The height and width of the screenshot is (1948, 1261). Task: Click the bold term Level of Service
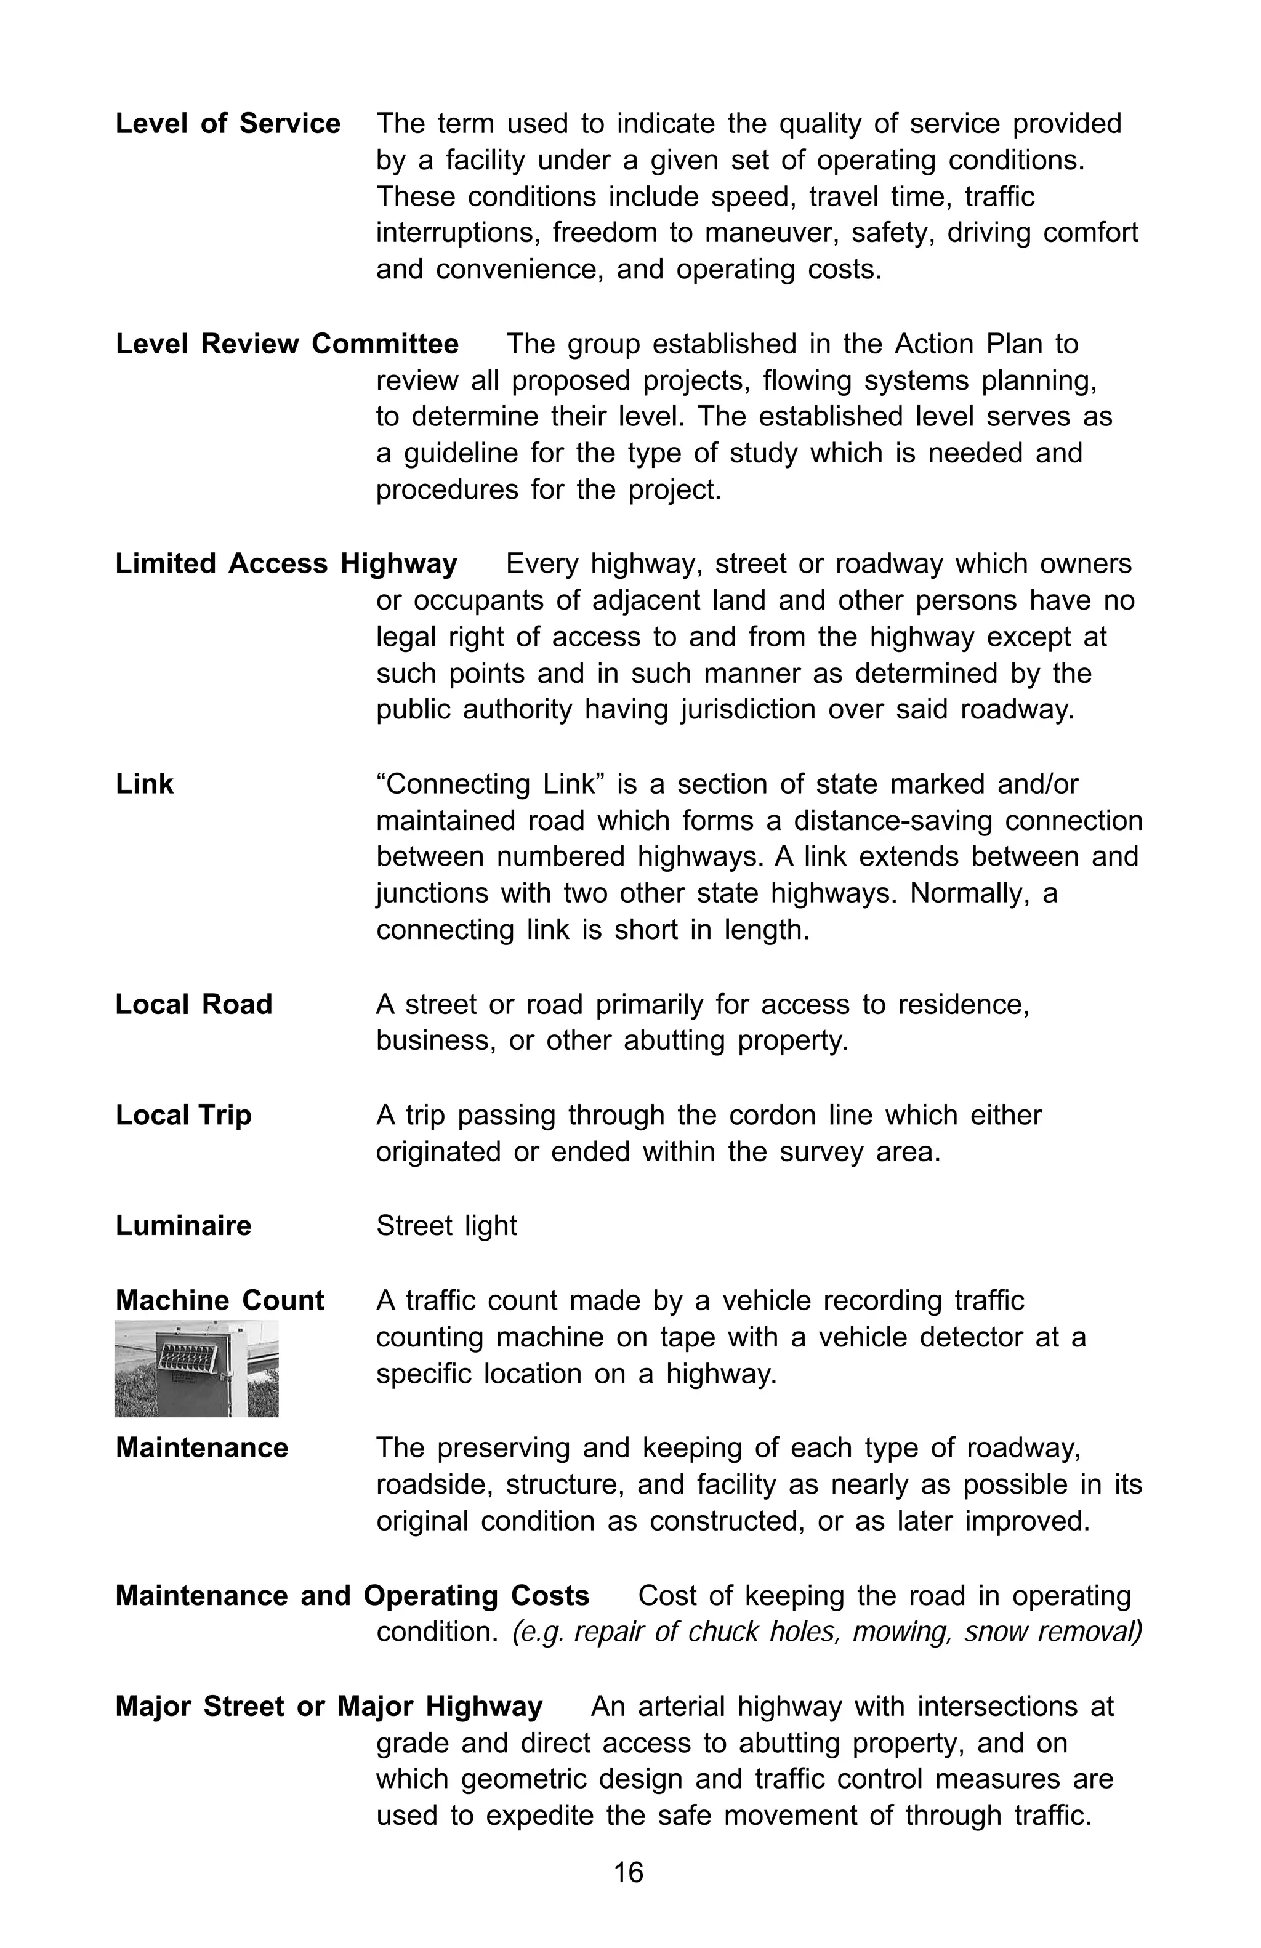(x=227, y=124)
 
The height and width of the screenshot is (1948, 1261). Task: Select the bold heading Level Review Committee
(x=286, y=344)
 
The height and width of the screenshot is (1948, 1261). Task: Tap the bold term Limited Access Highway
(x=286, y=563)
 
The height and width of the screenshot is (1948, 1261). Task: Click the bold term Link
(x=144, y=784)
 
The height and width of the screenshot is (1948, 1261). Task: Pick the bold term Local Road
(x=193, y=1004)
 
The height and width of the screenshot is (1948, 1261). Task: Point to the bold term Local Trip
(x=183, y=1115)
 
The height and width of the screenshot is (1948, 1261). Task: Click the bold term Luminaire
(x=183, y=1225)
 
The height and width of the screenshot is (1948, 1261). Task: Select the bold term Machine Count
(x=219, y=1300)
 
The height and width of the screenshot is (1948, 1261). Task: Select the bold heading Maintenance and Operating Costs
(x=352, y=1595)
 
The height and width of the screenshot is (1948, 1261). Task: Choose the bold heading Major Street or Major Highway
(x=328, y=1707)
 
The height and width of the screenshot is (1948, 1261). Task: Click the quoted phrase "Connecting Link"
(x=490, y=784)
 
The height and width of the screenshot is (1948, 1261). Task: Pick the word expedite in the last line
(x=540, y=1816)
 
